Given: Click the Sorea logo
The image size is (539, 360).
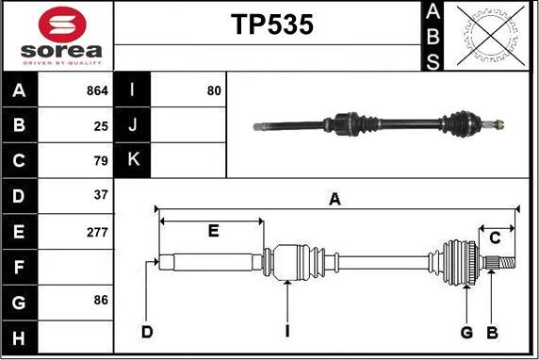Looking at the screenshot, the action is click(x=58, y=35).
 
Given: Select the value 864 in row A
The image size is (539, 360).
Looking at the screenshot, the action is click(x=98, y=91).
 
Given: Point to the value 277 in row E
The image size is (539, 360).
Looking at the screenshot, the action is click(x=98, y=231).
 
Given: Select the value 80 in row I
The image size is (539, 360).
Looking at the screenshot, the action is click(x=214, y=91).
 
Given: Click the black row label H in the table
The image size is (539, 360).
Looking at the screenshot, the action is click(x=20, y=335).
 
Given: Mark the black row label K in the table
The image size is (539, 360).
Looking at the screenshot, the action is click(x=132, y=159).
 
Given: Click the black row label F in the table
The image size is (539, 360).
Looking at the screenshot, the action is click(x=20, y=266).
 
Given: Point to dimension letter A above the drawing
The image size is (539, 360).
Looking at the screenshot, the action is click(x=334, y=199).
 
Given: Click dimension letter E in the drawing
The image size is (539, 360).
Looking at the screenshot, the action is click(x=213, y=231).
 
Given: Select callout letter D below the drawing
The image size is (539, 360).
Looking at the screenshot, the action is click(x=146, y=331).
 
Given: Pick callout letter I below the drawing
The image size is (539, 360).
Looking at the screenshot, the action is click(x=286, y=331).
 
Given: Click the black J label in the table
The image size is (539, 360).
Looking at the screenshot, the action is click(x=132, y=125).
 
